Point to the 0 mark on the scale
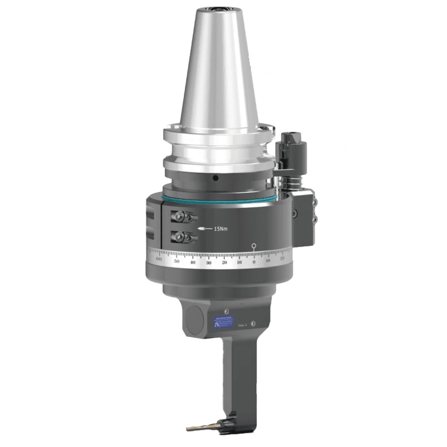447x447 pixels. [254, 261]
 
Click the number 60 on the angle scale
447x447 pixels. [159, 259]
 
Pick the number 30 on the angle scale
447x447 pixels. [208, 261]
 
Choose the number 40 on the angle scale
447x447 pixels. [192, 261]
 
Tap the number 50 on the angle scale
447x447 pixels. [177, 261]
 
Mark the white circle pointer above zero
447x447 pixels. [254, 245]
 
